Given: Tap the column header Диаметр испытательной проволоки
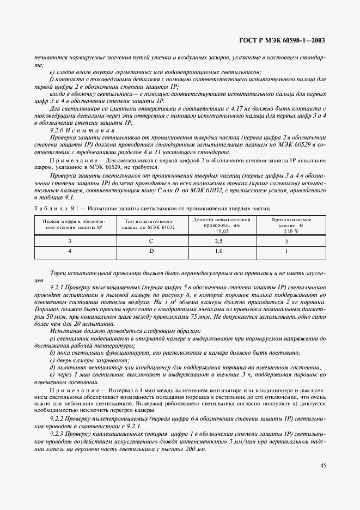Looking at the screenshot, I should coord(221,224).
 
